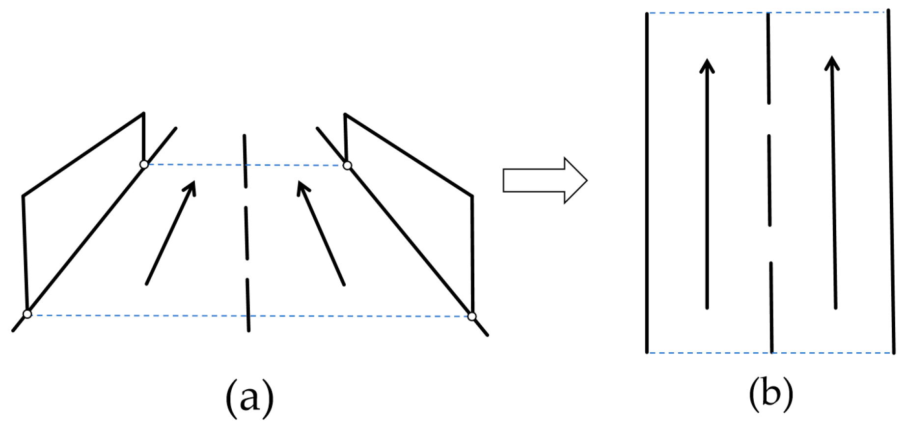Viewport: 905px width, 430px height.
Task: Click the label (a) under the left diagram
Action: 249,397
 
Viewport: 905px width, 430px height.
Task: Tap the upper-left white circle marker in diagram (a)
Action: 144,164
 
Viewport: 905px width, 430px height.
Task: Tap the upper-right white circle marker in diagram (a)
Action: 347,166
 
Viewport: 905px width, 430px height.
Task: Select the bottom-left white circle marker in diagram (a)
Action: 27,314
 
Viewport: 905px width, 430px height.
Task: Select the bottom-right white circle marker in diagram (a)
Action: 472,316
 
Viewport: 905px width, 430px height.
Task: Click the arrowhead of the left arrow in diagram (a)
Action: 191,187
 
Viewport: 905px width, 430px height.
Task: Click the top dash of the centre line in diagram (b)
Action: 768,58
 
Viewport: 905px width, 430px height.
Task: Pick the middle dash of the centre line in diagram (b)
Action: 769,180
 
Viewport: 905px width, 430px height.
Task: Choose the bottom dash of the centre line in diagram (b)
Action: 771,307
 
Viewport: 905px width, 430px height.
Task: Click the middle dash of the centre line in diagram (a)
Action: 247,233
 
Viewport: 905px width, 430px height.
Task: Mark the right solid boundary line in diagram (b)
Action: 891,182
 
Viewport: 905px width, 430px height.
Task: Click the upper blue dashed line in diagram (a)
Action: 196,165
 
